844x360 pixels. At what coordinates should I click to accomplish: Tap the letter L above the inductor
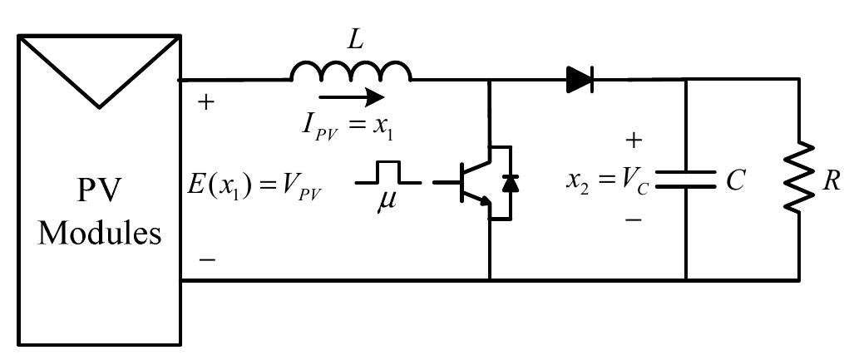coord(355,41)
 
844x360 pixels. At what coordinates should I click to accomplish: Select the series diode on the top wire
coord(580,80)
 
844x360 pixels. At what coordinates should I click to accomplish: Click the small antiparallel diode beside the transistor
coord(510,184)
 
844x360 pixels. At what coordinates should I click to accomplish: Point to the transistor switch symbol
coord(476,183)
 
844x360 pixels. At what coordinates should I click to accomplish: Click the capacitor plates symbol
coord(686,180)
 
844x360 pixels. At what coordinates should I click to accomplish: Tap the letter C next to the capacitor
coord(735,181)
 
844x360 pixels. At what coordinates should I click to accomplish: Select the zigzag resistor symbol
coord(799,178)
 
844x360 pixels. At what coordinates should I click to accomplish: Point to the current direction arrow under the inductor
coord(351,97)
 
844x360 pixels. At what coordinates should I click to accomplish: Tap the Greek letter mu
coord(387,203)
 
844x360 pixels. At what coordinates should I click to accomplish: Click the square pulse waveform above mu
coord(388,172)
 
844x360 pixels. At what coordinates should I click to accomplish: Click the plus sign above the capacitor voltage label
coord(634,141)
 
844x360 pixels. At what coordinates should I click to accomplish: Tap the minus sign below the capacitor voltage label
coord(634,220)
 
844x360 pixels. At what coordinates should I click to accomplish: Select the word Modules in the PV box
coord(100,234)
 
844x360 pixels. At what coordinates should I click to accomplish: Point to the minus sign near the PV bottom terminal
coord(207,260)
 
